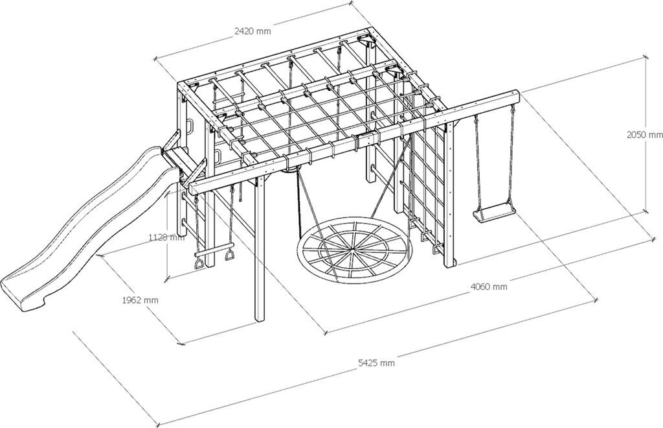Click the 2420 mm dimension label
point(253,30)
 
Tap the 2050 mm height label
point(645,135)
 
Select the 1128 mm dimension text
point(166,237)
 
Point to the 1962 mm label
point(140,300)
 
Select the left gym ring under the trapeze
point(200,263)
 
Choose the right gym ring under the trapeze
point(229,259)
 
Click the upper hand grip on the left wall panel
point(189,125)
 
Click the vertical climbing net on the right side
point(427,182)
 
